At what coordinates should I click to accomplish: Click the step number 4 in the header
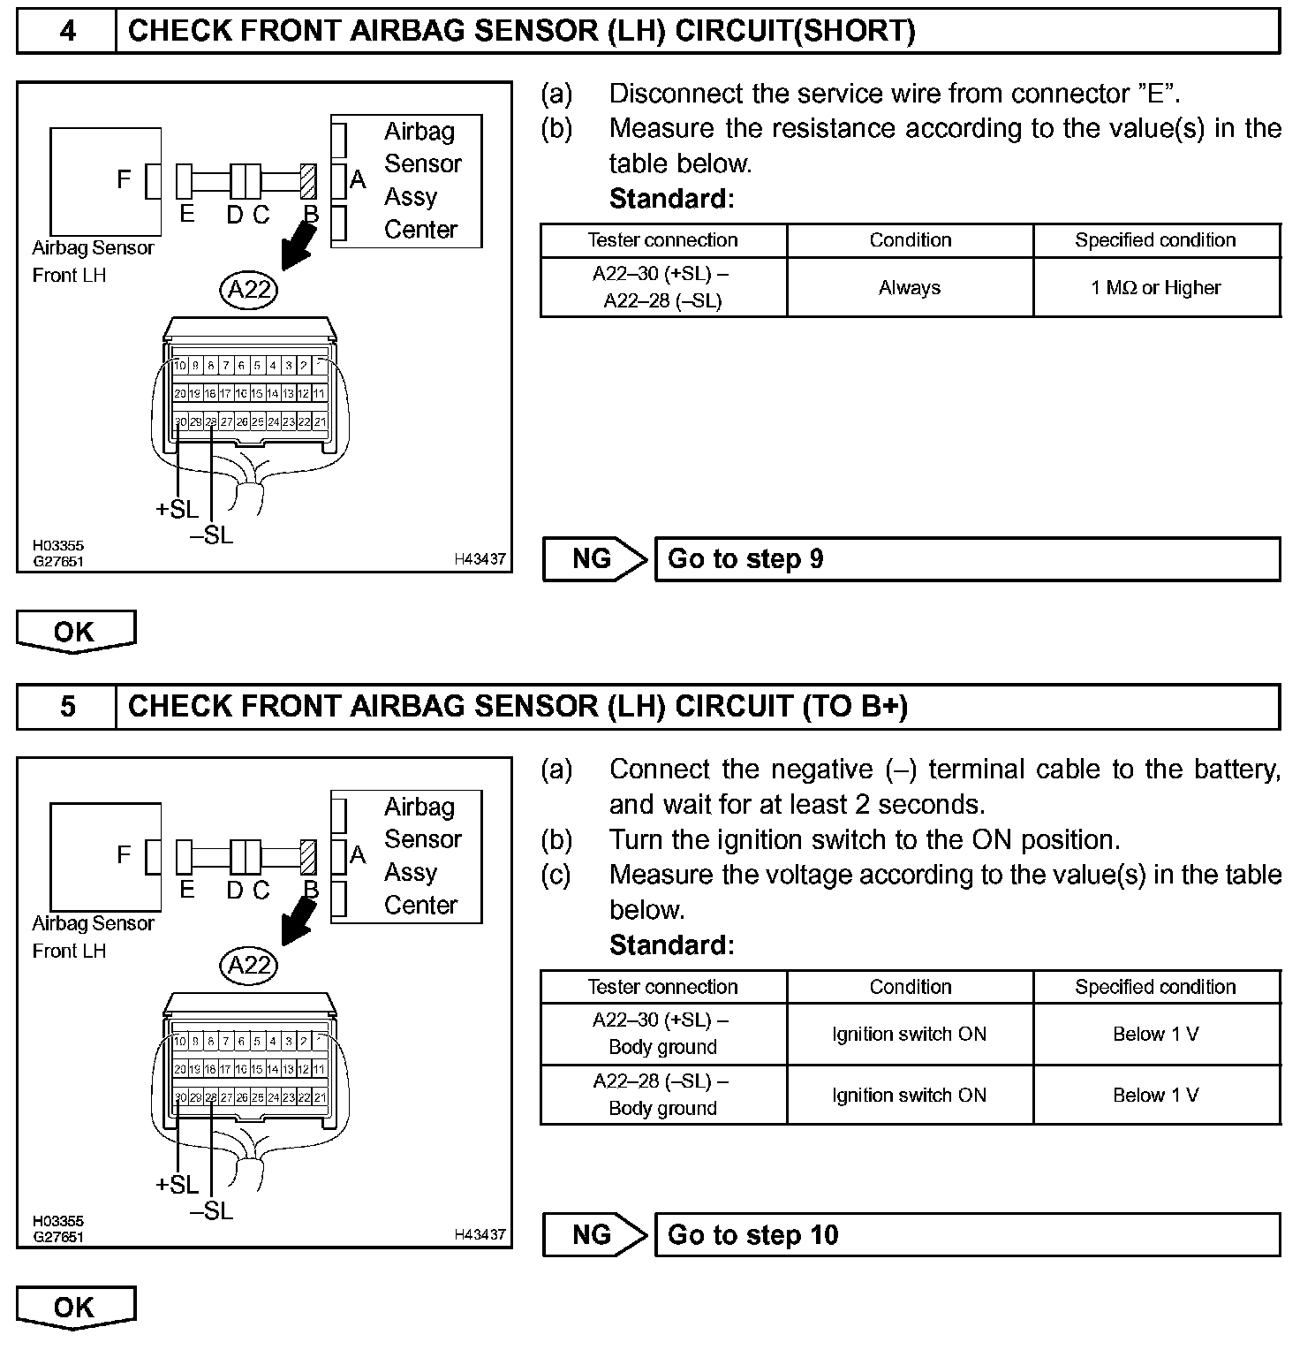tap(67, 32)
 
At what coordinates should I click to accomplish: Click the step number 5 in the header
tap(67, 707)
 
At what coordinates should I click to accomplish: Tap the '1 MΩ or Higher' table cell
tap(1155, 288)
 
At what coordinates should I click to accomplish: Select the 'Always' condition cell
tap(910, 288)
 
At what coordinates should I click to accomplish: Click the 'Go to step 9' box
tap(966, 559)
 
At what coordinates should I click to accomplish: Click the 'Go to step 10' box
tap(966, 1235)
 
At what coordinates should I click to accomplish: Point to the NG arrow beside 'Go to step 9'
tap(593, 559)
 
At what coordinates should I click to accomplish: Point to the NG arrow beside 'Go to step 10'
tap(593, 1235)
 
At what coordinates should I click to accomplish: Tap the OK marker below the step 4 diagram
tap(75, 632)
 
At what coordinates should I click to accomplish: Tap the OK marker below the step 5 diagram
tap(75, 1308)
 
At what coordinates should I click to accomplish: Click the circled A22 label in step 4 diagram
tap(249, 290)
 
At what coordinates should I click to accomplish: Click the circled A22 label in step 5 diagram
tap(249, 966)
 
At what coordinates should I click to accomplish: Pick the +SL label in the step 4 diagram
tap(177, 510)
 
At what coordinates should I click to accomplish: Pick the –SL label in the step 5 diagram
tap(212, 1211)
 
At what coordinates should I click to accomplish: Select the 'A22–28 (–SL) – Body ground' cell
tap(662, 1095)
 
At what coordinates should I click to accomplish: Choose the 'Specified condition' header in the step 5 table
tap(1155, 987)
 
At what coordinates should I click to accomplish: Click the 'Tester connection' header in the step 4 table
tap(662, 240)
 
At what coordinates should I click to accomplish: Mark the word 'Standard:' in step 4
tap(671, 199)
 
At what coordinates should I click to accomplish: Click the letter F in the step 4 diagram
tap(124, 179)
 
